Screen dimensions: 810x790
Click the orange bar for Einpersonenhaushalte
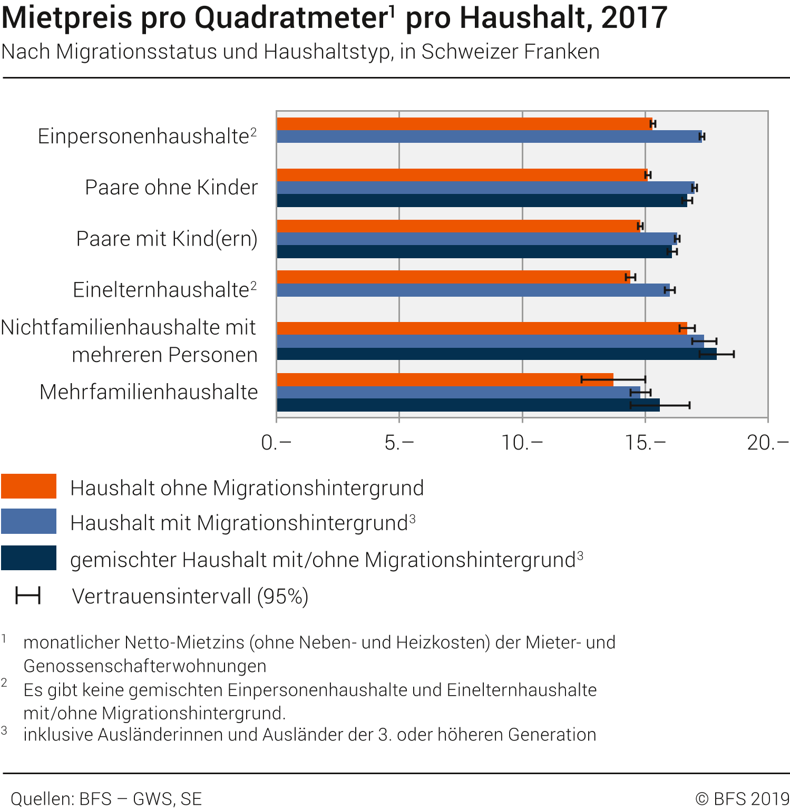pyautogui.click(x=464, y=124)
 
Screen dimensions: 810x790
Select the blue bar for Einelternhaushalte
pyautogui.click(x=473, y=290)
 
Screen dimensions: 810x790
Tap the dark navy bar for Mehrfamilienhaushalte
pyautogui.click(x=468, y=405)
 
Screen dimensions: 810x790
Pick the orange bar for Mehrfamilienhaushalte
pyautogui.click(x=445, y=379)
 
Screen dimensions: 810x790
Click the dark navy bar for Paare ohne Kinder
pyautogui.click(x=482, y=201)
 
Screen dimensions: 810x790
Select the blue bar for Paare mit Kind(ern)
pyautogui.click(x=476, y=239)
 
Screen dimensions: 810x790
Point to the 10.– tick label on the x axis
pyautogui.click(x=521, y=443)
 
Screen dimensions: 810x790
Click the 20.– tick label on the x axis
pyautogui.click(x=767, y=443)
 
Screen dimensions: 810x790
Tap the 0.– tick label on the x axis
pyautogui.click(x=276, y=443)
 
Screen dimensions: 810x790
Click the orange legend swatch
pyautogui.click(x=28, y=486)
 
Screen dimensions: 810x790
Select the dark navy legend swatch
pyautogui.click(x=28, y=558)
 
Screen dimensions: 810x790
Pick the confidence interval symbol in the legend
pyautogui.click(x=28, y=596)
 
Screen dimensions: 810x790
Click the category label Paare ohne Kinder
pyautogui.click(x=171, y=188)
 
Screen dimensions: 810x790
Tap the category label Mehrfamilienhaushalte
pyautogui.click(x=149, y=392)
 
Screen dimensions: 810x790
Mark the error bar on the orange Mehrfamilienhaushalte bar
pyautogui.click(x=613, y=379)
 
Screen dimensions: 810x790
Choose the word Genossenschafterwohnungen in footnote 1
pyautogui.click(x=145, y=666)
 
